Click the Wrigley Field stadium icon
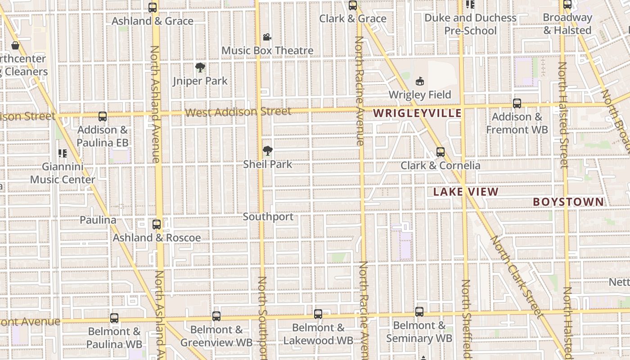[x=420, y=81]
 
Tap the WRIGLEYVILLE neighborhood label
[x=418, y=113]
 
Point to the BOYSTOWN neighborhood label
[x=568, y=202]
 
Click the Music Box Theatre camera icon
[x=267, y=37]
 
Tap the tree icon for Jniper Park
[x=200, y=68]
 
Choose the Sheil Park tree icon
[x=268, y=151]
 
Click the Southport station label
[x=268, y=217]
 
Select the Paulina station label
[x=98, y=220]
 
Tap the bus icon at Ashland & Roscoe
[x=157, y=224]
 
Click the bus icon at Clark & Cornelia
[x=441, y=152]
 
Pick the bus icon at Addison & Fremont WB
[x=517, y=103]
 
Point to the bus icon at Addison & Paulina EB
[x=103, y=117]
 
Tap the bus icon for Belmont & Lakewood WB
[x=318, y=314]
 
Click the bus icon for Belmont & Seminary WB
[x=419, y=311]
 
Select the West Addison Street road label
[x=238, y=112]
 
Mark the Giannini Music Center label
[x=63, y=173]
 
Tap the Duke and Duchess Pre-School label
[x=470, y=24]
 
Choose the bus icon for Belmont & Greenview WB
[x=216, y=316]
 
